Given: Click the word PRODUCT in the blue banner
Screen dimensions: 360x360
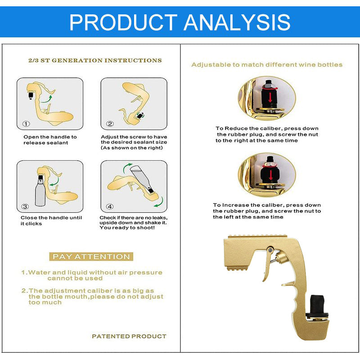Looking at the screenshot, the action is click(x=123, y=22).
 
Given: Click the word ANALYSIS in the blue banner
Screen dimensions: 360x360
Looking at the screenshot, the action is click(x=237, y=22).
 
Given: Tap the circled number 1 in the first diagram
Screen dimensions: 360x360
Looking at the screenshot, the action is click(x=26, y=124).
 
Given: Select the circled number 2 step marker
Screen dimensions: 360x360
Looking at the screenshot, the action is click(x=110, y=124).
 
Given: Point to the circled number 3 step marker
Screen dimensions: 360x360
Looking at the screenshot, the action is click(x=25, y=207).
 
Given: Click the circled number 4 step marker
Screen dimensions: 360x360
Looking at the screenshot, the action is click(x=110, y=207).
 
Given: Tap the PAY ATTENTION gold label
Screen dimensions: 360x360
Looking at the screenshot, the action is click(x=91, y=256).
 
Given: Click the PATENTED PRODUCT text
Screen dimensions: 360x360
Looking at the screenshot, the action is click(x=129, y=336).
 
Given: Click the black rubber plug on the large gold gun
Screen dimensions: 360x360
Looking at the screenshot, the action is click(x=317, y=305).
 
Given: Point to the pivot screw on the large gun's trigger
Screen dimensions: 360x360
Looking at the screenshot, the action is click(x=271, y=249).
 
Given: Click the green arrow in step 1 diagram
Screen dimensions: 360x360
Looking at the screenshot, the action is click(x=47, y=99).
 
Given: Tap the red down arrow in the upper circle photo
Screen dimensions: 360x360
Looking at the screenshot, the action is click(x=270, y=97).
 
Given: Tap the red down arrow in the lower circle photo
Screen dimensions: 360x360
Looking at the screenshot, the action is click(x=271, y=175).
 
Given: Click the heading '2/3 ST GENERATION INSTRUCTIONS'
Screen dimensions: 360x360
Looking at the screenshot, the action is click(x=95, y=61).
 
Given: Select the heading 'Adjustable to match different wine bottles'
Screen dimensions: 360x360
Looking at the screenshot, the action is click(x=267, y=65).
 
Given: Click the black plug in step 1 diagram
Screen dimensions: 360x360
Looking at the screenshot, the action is click(x=31, y=95).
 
